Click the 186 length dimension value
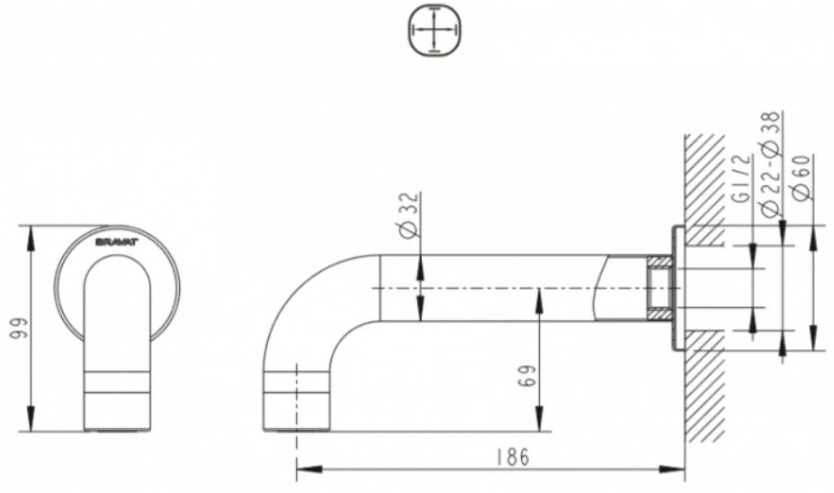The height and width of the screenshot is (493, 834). coord(513,457)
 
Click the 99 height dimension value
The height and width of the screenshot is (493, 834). coord(19,328)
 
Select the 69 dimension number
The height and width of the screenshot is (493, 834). coord(525,375)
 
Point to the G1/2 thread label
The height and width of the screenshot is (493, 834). coord(742,179)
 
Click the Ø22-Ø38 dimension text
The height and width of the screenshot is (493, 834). coord(771,163)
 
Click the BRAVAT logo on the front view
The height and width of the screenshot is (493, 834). coord(116,242)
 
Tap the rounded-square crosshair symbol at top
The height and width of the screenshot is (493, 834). coord(435,30)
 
